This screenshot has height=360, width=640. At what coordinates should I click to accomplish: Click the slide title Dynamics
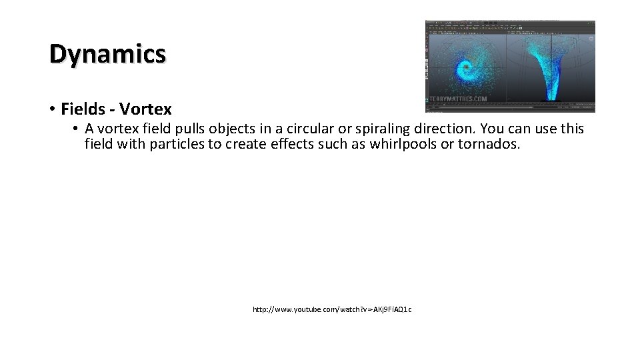[107, 53]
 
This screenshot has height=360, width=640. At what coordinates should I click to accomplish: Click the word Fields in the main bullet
[83, 109]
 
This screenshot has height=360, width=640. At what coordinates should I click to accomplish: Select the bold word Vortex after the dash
[145, 109]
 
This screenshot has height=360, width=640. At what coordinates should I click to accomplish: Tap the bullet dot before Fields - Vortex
[51, 109]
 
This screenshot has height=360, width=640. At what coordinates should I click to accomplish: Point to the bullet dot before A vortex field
[77, 129]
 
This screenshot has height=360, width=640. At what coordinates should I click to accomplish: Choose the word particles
[179, 144]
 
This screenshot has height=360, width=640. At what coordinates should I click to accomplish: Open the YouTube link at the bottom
[332, 309]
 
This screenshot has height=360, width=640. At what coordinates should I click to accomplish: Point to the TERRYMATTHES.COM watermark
[458, 99]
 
